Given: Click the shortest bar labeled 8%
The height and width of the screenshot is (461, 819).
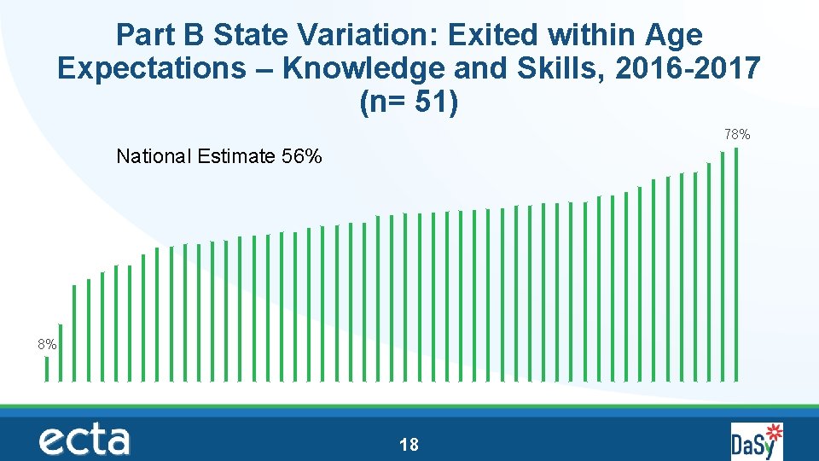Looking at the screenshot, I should point(47,368).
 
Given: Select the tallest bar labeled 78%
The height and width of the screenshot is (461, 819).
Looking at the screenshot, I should point(736,265).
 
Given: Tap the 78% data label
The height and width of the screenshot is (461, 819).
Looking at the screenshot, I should point(737,135).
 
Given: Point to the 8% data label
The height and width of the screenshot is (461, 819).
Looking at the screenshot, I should point(47,345).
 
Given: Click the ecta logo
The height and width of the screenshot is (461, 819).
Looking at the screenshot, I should point(84,441).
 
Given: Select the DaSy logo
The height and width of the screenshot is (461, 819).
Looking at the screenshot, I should point(756,441).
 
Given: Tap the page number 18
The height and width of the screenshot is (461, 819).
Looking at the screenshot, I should point(409,444).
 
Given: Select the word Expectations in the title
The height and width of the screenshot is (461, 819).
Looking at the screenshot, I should point(150,68).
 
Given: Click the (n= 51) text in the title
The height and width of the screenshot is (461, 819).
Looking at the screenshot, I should point(409,102).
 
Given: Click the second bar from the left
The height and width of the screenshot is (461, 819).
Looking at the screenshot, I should point(61,352).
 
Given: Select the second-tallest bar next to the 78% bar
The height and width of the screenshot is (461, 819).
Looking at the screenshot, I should point(723,266).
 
